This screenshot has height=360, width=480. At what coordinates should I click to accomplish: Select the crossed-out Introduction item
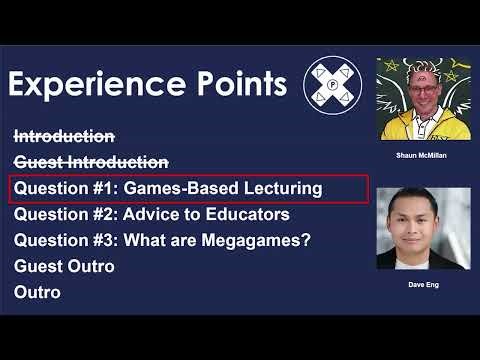pyautogui.click(x=64, y=136)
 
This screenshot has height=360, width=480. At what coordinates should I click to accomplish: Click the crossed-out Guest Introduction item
pyautogui.click(x=91, y=162)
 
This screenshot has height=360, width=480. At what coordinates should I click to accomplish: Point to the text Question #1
pyautogui.click(x=60, y=188)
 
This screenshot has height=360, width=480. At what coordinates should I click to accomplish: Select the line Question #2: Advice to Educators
pyautogui.click(x=151, y=214)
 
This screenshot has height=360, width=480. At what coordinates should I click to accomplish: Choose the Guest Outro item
pyautogui.click(x=64, y=266)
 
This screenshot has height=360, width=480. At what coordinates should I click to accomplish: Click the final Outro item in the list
pyautogui.click(x=37, y=292)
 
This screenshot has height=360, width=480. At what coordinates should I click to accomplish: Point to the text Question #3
pyautogui.click(x=60, y=240)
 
